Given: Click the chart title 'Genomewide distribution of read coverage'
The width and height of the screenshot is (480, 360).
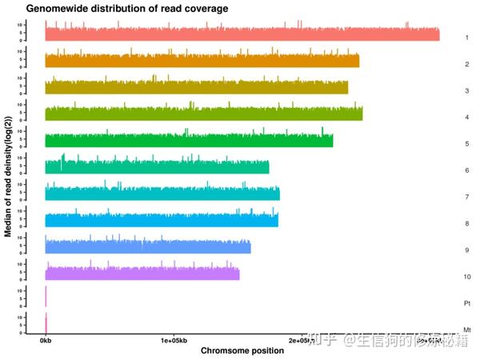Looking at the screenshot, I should (117, 8).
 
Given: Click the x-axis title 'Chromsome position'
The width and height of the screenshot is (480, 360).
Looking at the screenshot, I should (242, 350).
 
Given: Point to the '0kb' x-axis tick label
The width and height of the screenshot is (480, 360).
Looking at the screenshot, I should (46, 340).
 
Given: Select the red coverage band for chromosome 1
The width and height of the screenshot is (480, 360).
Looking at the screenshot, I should (240, 35).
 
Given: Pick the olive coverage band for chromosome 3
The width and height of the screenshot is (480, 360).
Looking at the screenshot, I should (196, 88).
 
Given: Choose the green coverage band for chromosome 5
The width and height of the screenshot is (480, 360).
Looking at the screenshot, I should (188, 141).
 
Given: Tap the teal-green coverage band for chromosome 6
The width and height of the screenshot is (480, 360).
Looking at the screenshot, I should (157, 167).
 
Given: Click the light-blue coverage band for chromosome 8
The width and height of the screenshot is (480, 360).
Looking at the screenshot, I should (160, 220).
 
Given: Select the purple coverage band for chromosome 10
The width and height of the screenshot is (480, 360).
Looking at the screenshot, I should (142, 274).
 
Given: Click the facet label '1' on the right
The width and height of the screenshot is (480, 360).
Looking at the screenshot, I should (466, 38).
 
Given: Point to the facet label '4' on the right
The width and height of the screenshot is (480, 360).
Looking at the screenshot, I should (466, 117).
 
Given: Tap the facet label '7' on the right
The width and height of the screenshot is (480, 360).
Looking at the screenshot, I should (466, 197).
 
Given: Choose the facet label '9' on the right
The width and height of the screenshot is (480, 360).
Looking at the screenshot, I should (466, 250).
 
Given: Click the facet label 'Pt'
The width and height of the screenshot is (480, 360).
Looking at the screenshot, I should (466, 303).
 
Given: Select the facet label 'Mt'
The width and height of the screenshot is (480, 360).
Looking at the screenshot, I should (466, 329).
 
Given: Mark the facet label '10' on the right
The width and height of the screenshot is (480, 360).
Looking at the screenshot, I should (466, 276).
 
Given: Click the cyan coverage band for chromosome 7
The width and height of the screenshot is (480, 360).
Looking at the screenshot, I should (160, 194).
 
